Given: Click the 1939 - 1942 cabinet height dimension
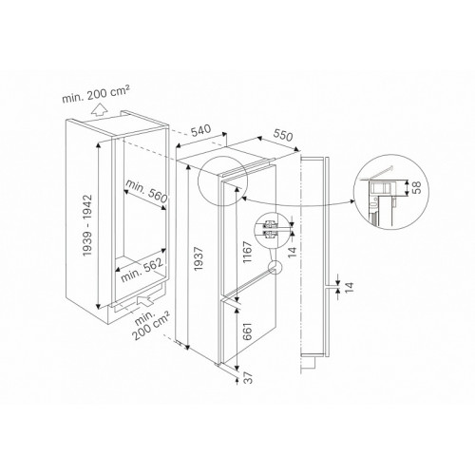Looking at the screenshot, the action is [86, 225].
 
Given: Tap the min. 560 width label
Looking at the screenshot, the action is [146, 191].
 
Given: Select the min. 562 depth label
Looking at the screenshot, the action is [142, 270].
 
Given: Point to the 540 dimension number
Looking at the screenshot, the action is [200, 130].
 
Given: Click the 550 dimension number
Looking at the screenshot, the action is [283, 135].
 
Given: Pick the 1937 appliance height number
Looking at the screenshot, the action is [199, 258].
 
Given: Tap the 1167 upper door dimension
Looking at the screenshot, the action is [247, 252].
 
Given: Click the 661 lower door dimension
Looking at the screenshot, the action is [247, 332].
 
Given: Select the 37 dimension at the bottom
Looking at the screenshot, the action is [249, 377].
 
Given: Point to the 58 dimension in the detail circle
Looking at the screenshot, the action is [417, 187].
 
